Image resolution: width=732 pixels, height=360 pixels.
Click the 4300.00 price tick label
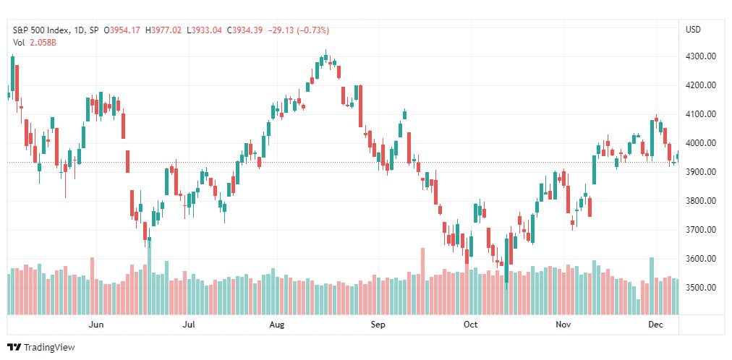[701, 56]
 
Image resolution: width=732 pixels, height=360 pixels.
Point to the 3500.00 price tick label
[701, 287]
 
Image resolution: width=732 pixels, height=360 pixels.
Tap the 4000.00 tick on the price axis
[701, 143]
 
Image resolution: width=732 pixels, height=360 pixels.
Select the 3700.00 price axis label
[701, 229]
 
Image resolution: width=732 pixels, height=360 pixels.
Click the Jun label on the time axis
[96, 325]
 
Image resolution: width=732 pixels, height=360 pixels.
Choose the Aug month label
[278, 325]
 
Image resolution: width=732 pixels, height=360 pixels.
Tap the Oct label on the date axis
[471, 325]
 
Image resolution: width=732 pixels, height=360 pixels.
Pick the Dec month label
[656, 325]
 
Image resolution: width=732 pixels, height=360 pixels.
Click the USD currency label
[693, 30]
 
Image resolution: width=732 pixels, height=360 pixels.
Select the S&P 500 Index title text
[41, 30]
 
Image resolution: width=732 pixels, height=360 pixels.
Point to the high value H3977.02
[163, 30]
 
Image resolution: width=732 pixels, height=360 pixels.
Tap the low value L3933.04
[205, 30]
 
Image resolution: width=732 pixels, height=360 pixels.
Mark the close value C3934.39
[245, 30]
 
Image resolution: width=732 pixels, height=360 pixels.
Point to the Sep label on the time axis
[378, 325]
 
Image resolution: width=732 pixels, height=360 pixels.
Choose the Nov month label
[563, 325]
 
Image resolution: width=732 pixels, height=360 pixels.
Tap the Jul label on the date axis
[188, 325]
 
